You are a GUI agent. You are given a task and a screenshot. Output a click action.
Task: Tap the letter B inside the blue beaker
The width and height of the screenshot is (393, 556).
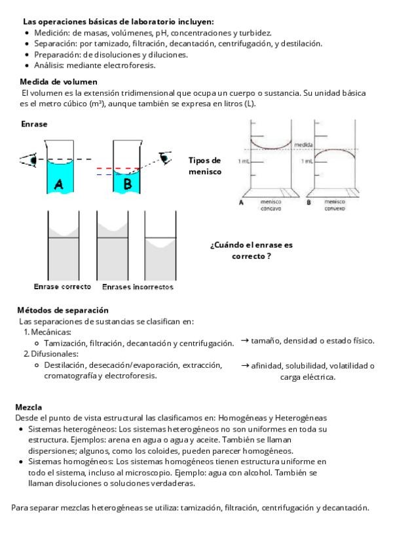128,184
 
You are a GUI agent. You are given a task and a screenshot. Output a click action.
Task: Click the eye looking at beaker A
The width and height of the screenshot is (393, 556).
29,159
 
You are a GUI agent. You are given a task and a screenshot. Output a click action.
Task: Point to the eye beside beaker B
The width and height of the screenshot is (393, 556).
165,157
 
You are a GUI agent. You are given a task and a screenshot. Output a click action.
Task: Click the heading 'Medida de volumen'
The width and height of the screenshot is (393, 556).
59,82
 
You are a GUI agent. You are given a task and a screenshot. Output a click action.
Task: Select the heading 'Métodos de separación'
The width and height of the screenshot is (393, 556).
63,310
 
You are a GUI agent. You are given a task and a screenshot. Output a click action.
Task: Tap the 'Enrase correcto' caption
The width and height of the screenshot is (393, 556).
63,287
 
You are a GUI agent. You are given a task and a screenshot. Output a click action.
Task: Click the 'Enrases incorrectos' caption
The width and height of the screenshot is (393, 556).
138,287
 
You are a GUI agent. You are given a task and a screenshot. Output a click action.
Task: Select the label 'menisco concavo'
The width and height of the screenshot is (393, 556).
271,205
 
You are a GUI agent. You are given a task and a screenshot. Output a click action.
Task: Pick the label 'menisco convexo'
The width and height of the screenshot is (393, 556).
335,205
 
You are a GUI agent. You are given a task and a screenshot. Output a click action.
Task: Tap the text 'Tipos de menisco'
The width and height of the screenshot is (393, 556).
204,166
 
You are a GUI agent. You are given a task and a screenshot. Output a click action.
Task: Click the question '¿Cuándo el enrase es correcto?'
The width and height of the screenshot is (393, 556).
251,250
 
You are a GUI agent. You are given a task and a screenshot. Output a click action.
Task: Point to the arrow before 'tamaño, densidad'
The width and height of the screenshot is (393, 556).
244,340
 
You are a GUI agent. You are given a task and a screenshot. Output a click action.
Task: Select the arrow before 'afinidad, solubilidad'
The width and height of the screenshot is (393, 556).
244,365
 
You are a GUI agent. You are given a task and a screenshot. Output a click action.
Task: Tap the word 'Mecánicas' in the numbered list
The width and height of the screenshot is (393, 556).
52,332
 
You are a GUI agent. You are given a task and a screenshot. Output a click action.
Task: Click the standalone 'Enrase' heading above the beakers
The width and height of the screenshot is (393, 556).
34,124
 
